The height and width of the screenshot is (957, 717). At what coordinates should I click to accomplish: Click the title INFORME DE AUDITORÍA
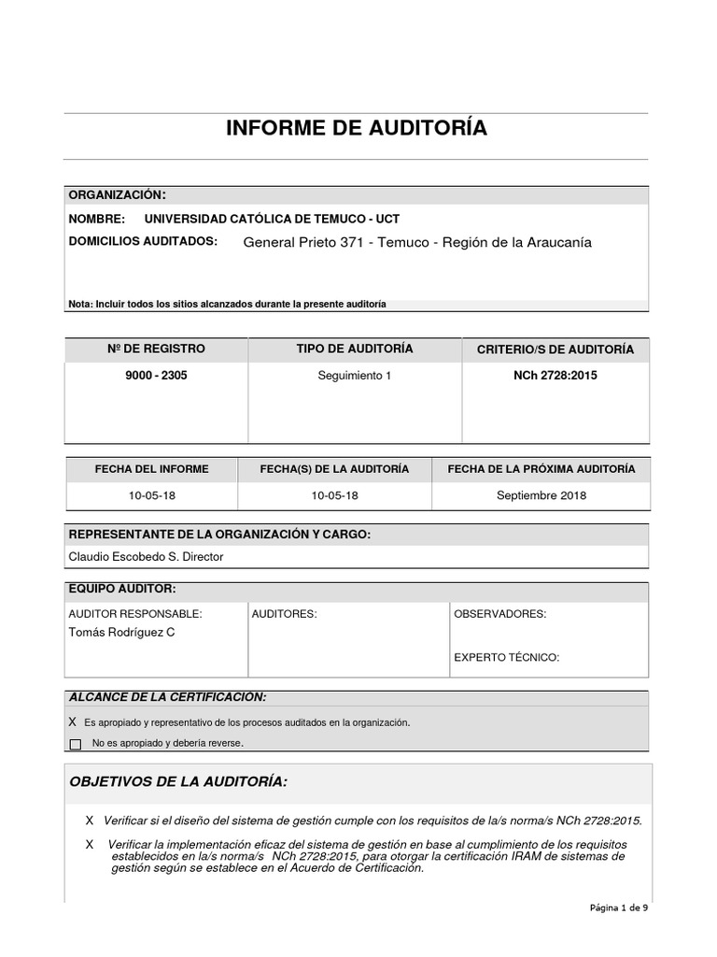tap(356, 128)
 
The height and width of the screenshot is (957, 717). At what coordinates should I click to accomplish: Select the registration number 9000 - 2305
tap(156, 376)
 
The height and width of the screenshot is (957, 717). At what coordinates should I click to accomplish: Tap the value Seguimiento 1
tap(355, 376)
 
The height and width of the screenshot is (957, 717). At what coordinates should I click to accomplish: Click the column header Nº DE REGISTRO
tap(156, 350)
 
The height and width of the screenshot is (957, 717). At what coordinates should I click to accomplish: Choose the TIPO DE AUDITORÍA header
tap(355, 350)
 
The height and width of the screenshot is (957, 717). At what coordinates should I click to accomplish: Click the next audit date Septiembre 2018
tap(541, 495)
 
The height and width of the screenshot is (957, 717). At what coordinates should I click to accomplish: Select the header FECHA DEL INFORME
tap(151, 469)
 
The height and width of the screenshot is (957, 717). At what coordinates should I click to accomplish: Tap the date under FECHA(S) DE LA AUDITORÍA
tap(334, 495)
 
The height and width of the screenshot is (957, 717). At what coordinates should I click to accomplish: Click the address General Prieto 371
tap(301, 243)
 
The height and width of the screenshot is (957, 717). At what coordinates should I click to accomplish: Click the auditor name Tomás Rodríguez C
tap(121, 633)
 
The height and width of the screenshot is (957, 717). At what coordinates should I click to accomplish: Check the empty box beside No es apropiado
tap(76, 744)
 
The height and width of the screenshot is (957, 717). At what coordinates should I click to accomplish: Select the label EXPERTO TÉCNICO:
tap(506, 658)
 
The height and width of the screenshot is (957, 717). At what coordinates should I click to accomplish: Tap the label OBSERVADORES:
tap(499, 614)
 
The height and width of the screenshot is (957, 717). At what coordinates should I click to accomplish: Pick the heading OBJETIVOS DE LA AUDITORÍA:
tap(178, 781)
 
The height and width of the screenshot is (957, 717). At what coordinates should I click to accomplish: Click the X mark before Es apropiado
tap(73, 722)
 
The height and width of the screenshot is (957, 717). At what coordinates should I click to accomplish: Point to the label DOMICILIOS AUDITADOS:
tap(143, 241)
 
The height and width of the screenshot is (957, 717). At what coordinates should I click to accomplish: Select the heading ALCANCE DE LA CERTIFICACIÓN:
tap(167, 697)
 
